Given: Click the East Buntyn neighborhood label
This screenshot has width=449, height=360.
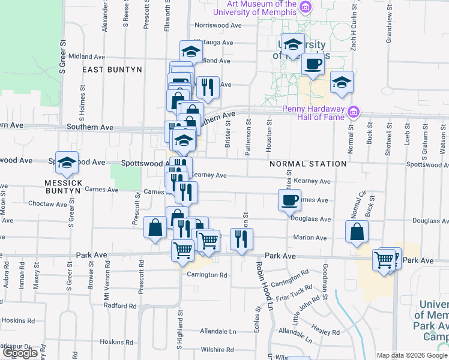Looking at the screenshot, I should (x=112, y=70).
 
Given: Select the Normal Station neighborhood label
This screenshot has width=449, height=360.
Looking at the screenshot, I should (x=308, y=164).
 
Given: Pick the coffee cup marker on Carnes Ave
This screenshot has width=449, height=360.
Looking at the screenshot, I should (x=289, y=200).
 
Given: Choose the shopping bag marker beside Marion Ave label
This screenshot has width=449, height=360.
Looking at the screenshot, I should (x=357, y=232).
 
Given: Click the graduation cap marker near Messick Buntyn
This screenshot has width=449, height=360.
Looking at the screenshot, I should (x=67, y=161).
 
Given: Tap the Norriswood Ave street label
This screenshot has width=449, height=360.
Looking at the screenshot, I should (x=218, y=26).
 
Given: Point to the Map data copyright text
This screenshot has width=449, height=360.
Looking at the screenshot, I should (x=412, y=355).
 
